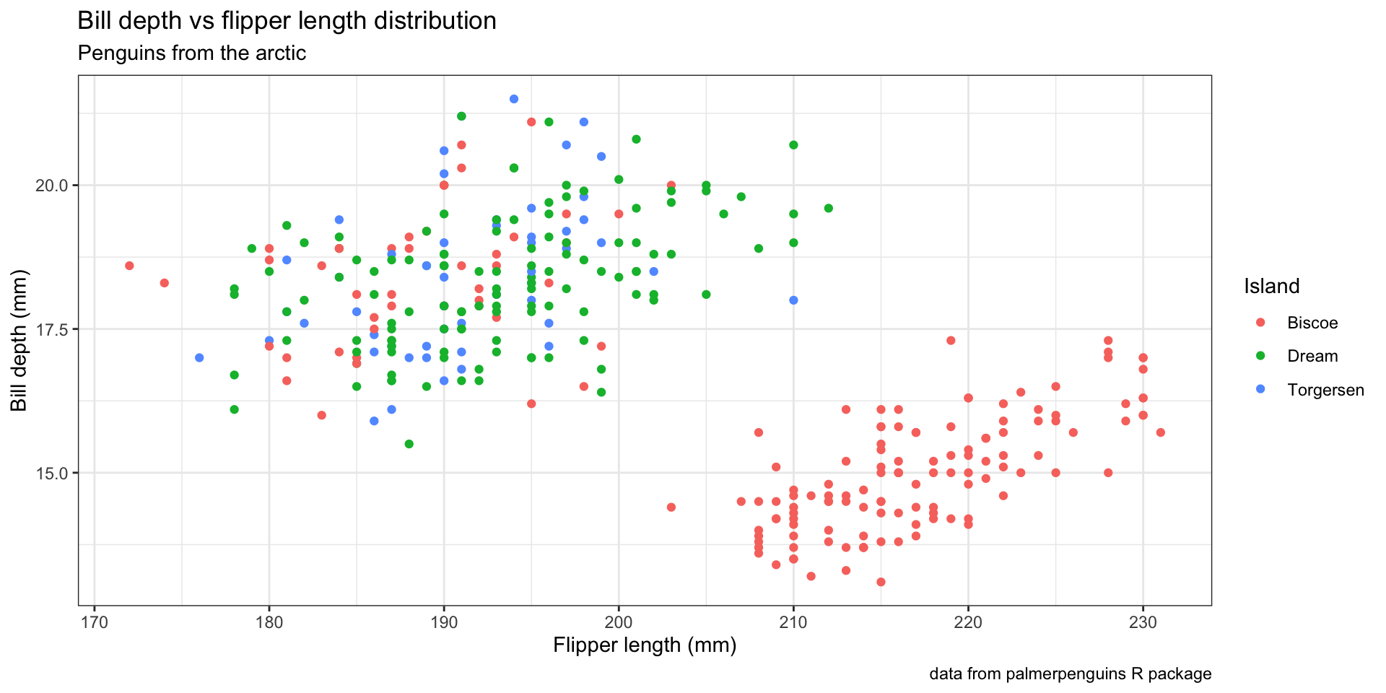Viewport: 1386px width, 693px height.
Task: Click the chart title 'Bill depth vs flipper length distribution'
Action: pyautogui.click(x=287, y=21)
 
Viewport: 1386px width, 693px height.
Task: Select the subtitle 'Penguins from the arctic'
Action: pyautogui.click(x=191, y=53)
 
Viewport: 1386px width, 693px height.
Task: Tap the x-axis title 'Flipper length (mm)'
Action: pyautogui.click(x=645, y=645)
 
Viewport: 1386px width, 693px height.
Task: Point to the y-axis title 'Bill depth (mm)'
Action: pyautogui.click(x=19, y=341)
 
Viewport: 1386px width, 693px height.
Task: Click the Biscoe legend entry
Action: pyautogui.click(x=1312, y=323)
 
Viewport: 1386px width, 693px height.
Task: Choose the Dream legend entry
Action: pyautogui.click(x=1312, y=357)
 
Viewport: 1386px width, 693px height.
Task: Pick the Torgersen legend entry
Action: pyautogui.click(x=1325, y=391)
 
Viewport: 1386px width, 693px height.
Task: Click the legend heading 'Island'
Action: pyautogui.click(x=1271, y=287)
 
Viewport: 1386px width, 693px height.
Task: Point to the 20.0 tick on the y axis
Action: pyautogui.click(x=52, y=186)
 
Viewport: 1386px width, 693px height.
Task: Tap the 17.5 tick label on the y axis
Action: pyautogui.click(x=52, y=329)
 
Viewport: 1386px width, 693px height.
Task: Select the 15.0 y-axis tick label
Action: pyautogui.click(x=52, y=474)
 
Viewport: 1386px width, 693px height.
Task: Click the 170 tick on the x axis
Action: pyautogui.click(x=95, y=622)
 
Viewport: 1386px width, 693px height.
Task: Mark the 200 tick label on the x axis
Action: pyautogui.click(x=619, y=622)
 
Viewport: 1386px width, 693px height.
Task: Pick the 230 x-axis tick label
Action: pyautogui.click(x=1143, y=622)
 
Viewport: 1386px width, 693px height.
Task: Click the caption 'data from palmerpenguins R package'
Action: pyautogui.click(x=1070, y=674)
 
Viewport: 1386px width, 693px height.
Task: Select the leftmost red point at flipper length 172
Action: pyautogui.click(x=129, y=266)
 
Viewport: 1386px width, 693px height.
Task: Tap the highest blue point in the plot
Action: pyautogui.click(x=514, y=99)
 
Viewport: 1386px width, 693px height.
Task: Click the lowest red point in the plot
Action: pyautogui.click(x=881, y=582)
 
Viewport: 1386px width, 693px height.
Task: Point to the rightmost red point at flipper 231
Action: pyautogui.click(x=1161, y=432)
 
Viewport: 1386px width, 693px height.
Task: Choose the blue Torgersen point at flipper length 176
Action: pyautogui.click(x=199, y=358)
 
